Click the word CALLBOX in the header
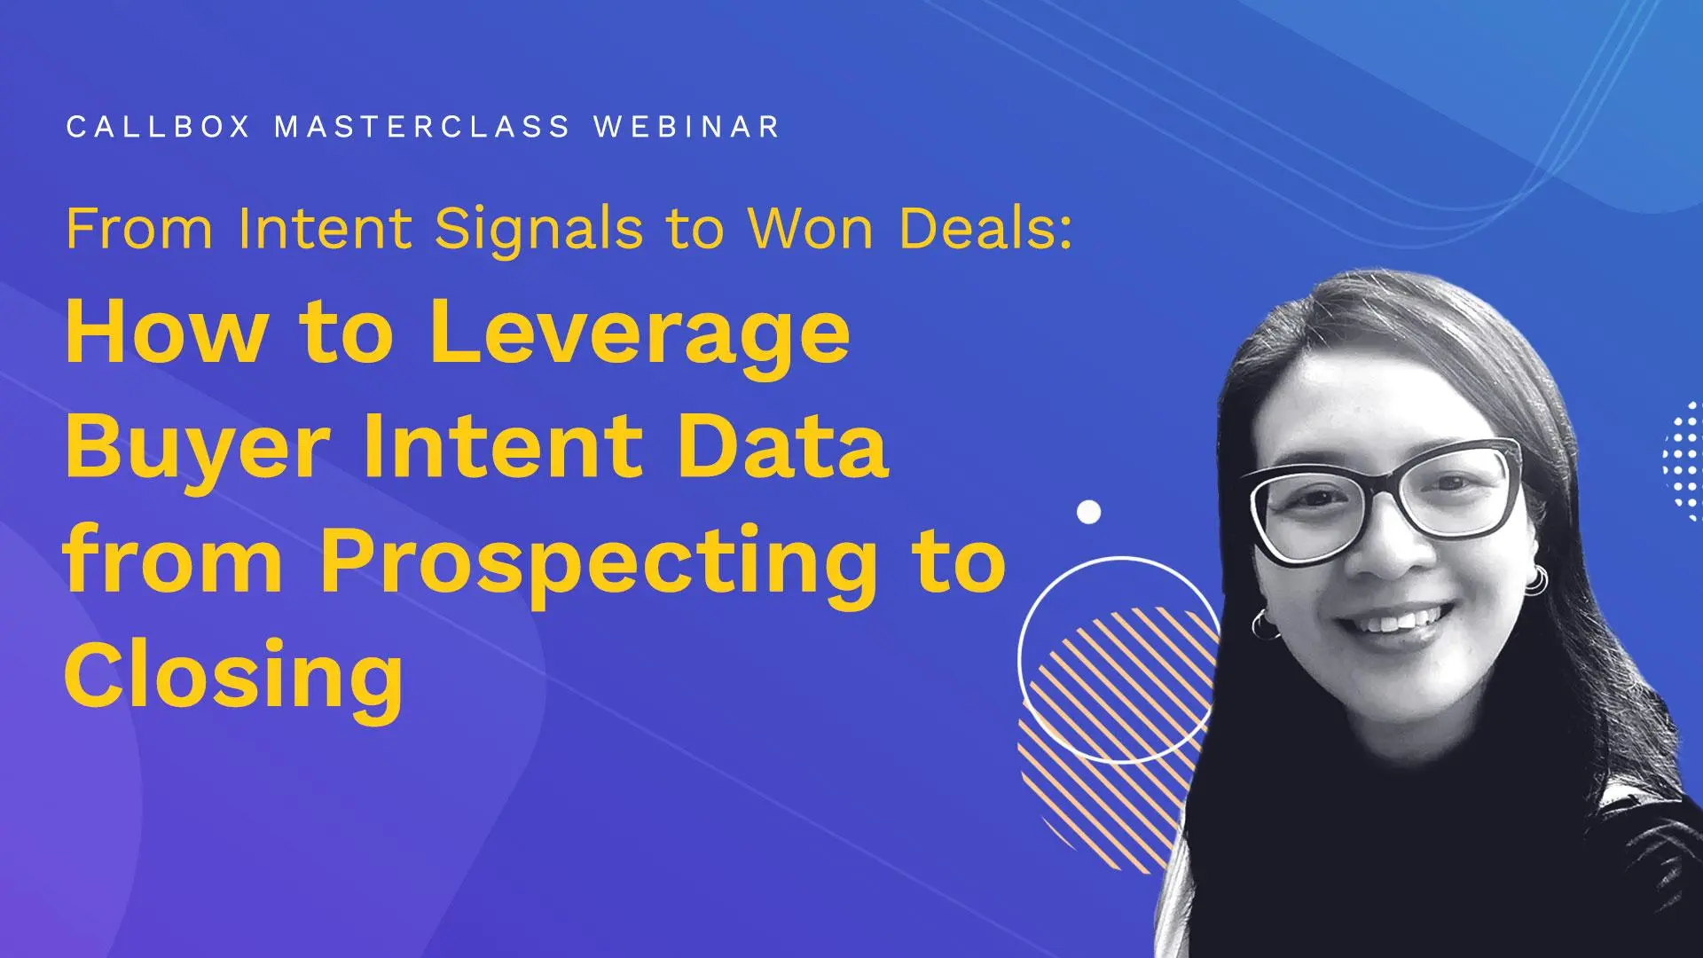point(158,127)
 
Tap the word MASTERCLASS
point(422,127)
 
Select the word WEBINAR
point(687,127)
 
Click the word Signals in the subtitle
point(538,230)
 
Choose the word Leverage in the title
point(640,334)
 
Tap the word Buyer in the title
point(197,448)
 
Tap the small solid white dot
point(1088,512)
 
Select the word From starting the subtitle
point(139,229)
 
